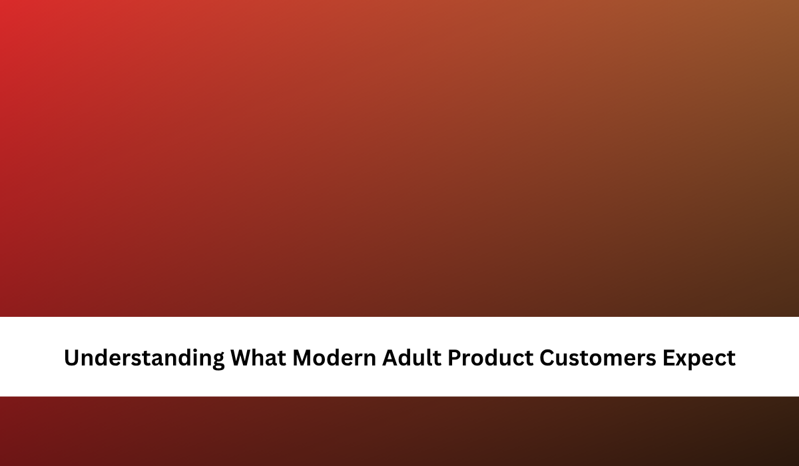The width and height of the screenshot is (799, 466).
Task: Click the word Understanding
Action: [144, 358]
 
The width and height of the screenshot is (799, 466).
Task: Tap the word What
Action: [258, 357]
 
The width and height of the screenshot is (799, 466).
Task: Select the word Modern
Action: [334, 357]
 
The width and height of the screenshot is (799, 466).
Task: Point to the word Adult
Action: [411, 357]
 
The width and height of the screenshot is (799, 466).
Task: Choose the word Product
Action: [491, 357]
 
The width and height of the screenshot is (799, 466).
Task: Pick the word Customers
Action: [598, 357]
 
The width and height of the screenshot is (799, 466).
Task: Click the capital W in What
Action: [244, 357]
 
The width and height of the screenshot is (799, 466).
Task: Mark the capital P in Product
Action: [455, 357]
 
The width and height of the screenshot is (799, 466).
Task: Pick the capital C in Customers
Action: [547, 357]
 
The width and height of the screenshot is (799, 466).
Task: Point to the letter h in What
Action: [264, 357]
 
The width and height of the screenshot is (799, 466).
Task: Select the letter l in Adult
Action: [431, 357]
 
